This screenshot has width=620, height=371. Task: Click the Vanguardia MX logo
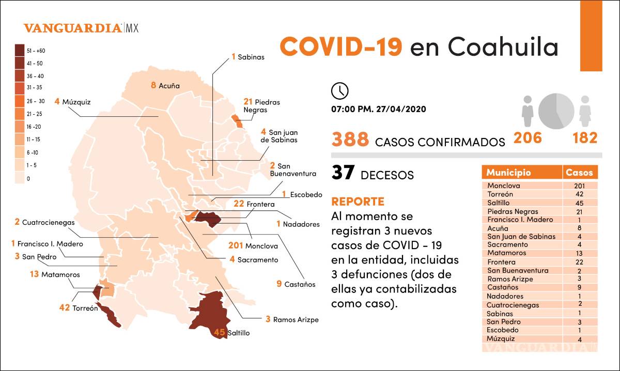click(x=81, y=28)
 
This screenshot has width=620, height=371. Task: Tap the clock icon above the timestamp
click(x=339, y=90)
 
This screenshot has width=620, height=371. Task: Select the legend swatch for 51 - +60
click(x=20, y=51)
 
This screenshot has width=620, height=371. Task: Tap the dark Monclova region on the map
click(x=207, y=218)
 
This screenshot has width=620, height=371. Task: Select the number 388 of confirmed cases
click(x=350, y=140)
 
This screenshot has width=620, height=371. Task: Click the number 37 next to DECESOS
click(x=343, y=173)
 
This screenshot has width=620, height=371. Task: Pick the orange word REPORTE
click(x=358, y=201)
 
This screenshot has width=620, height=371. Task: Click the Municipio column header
click(x=508, y=173)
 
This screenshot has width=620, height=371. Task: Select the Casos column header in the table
click(x=580, y=173)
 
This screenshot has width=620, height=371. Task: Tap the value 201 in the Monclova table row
click(x=580, y=185)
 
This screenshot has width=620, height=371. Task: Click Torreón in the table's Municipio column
click(x=500, y=194)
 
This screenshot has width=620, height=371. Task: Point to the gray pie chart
click(x=556, y=111)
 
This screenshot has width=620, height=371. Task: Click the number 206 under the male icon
click(x=527, y=138)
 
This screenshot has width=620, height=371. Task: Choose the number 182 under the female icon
click(x=584, y=138)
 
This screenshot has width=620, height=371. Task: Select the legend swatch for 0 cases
click(x=20, y=178)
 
